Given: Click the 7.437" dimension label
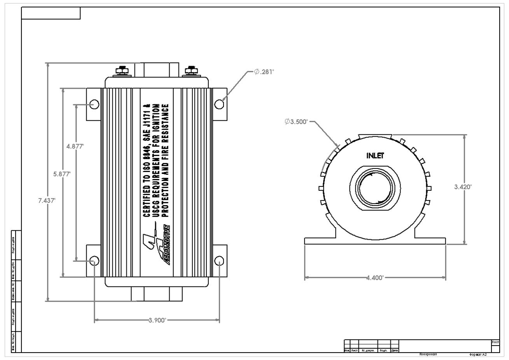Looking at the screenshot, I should coord(47,200).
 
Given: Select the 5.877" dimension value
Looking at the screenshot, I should coord(62,174).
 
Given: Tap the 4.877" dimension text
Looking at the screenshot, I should coord(75,146).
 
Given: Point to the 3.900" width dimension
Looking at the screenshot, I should coord(157,320).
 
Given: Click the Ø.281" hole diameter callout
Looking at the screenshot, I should coord(264,72).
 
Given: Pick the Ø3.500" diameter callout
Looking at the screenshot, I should coord(296,121).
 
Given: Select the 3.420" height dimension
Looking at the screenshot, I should coord(463,187).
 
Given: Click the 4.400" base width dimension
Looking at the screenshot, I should coord(375,277).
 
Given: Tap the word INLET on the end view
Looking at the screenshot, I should coord(375,156).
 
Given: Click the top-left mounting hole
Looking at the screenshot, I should coord(94,104).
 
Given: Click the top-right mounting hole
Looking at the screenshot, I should coord(219,104).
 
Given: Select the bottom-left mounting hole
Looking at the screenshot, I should coord(94,261).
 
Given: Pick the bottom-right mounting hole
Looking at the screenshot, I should coord(219,261).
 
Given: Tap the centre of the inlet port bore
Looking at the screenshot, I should coord(375,187).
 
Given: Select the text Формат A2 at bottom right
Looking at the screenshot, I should coord(478,355).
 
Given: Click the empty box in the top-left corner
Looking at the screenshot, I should coord(51,13).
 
